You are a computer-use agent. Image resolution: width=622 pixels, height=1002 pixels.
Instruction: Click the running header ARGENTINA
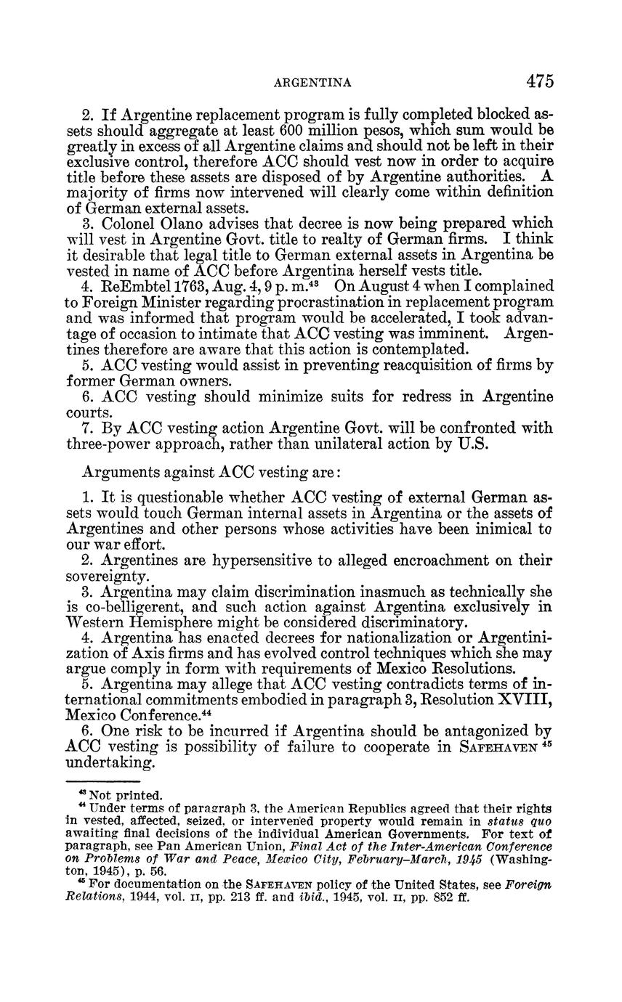(313, 83)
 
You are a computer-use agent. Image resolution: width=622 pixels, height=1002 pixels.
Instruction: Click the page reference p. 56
(152, 871)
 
